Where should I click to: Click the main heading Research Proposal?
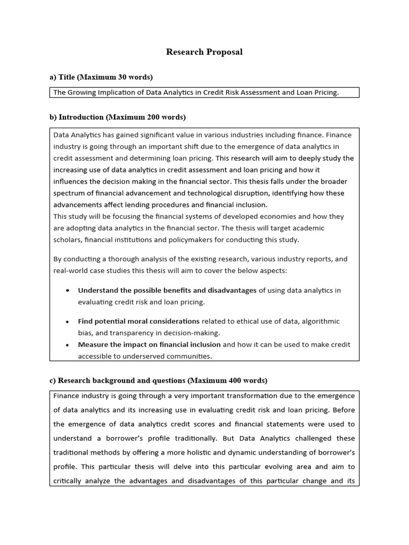204,52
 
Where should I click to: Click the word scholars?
68,240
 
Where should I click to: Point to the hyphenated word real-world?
72,270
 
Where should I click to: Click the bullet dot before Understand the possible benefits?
67,291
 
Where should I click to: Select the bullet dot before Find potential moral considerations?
67,322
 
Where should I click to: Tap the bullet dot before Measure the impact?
67,345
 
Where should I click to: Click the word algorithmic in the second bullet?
321,321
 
